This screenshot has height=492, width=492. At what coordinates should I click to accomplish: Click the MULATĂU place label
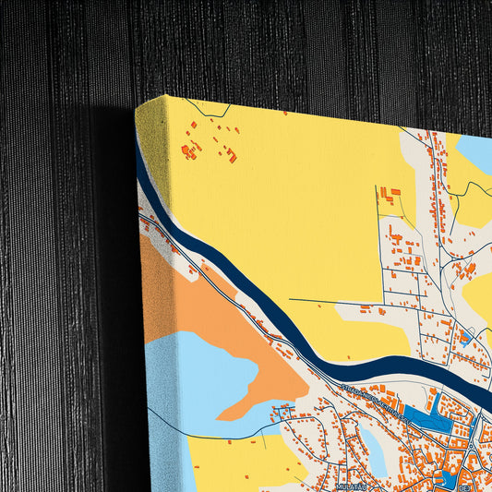click(x=351, y=486)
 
